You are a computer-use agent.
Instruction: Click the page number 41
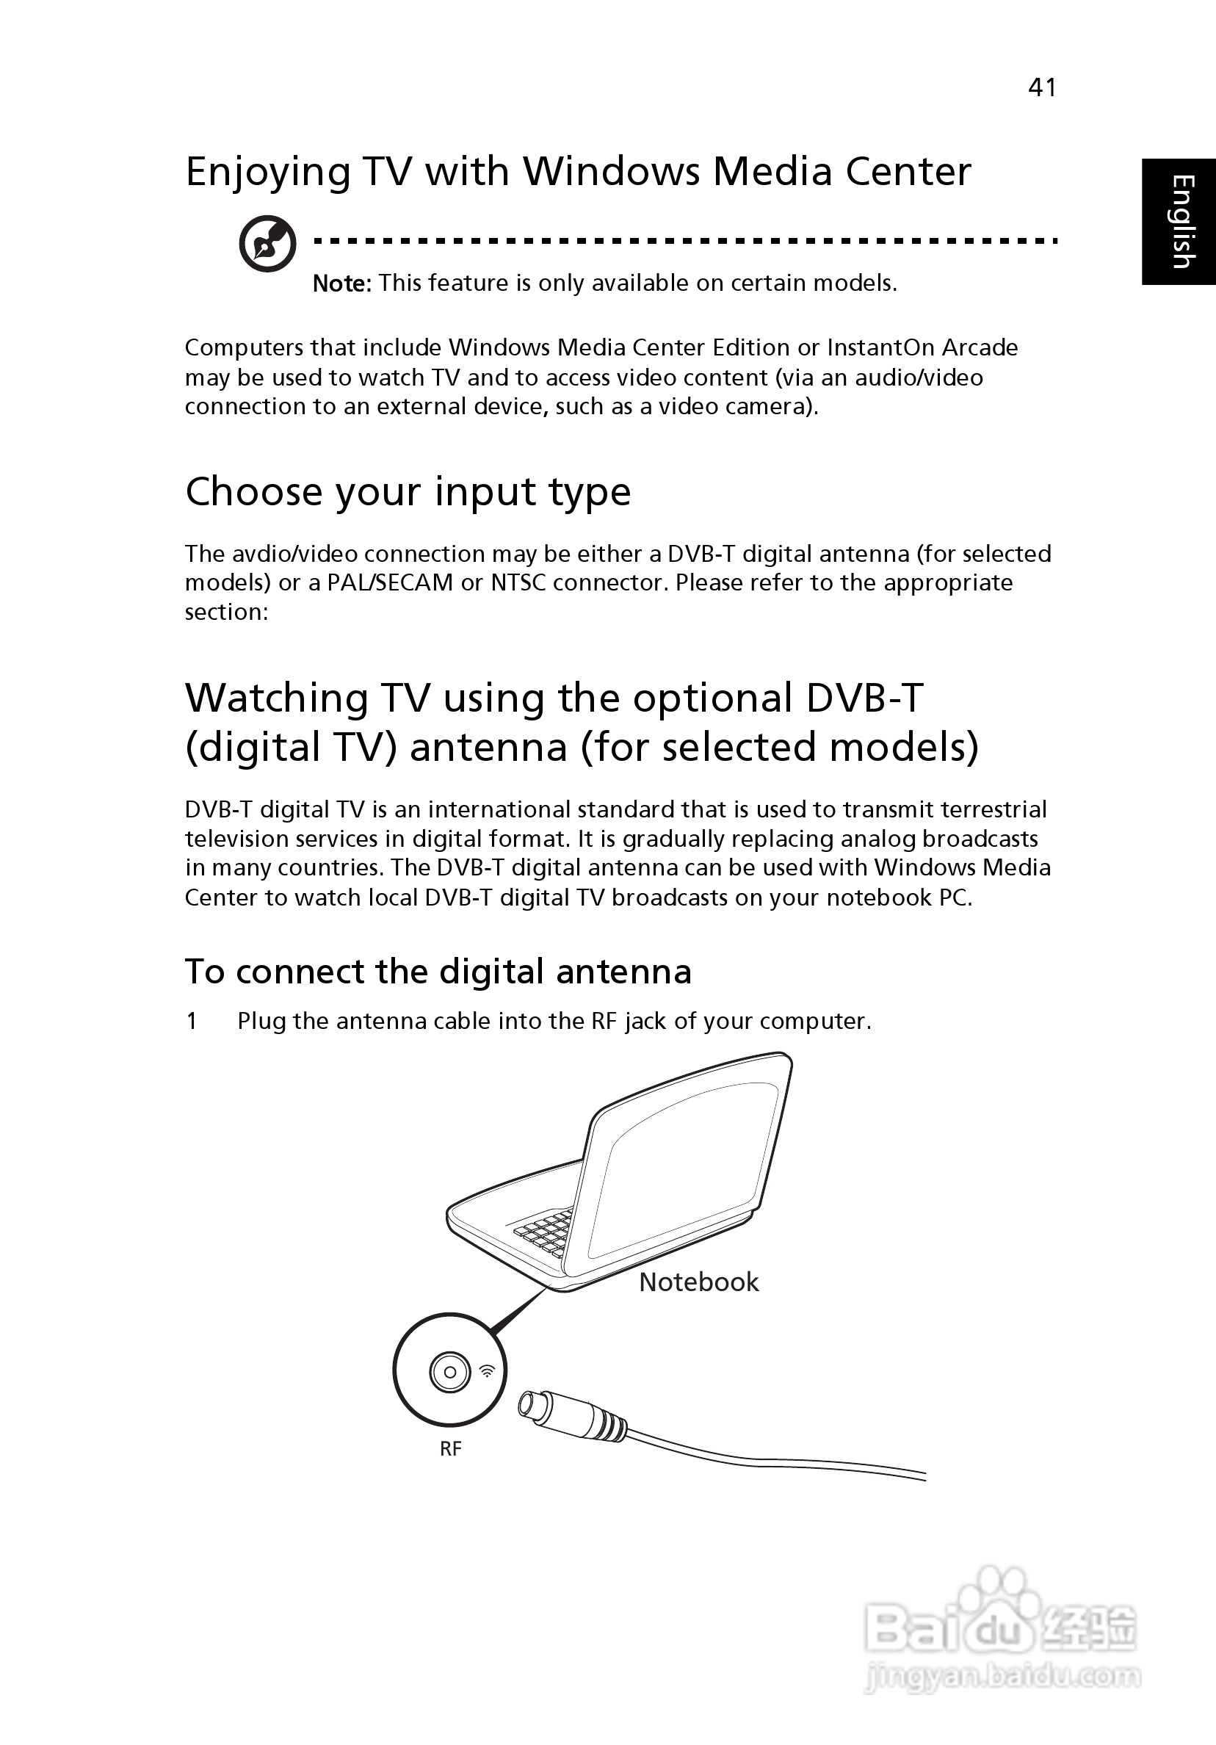pyautogui.click(x=1041, y=87)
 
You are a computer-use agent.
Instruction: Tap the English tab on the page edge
pyautogui.click(x=1179, y=221)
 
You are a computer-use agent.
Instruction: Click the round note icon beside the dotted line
pyautogui.click(x=267, y=243)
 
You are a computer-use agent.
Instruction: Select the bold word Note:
pyautogui.click(x=342, y=283)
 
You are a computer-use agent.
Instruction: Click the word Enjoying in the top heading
pyautogui.click(x=268, y=173)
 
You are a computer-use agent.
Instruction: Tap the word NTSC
pyautogui.click(x=518, y=583)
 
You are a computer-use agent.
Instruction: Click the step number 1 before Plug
pyautogui.click(x=192, y=1021)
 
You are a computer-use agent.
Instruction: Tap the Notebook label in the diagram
pyautogui.click(x=698, y=1282)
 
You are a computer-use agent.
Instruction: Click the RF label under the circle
pyautogui.click(x=451, y=1448)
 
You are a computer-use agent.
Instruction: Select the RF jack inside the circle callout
pyautogui.click(x=450, y=1372)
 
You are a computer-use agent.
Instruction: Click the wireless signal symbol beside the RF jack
pyautogui.click(x=487, y=1370)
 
